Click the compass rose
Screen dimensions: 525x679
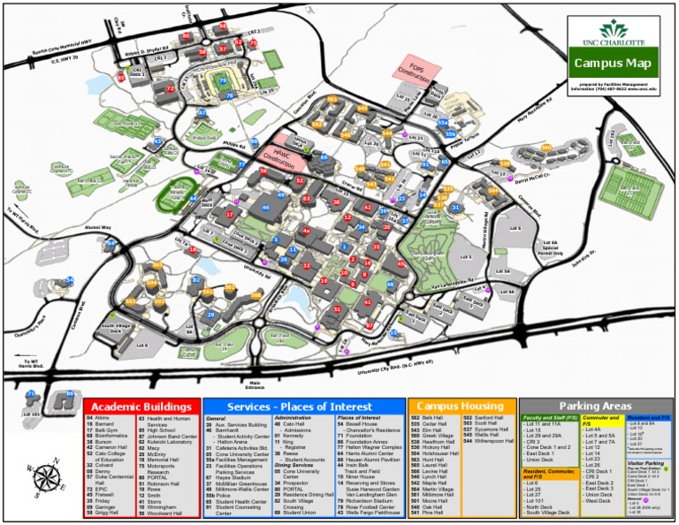pos(38,478)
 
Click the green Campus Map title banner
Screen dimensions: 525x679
pos(613,63)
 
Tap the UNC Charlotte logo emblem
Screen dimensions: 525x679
pos(613,28)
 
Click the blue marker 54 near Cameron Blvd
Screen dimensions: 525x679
pos(70,281)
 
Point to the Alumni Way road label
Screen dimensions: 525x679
pos(97,228)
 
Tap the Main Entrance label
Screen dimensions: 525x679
pos(255,384)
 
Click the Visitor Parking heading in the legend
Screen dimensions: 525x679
pos(645,461)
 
